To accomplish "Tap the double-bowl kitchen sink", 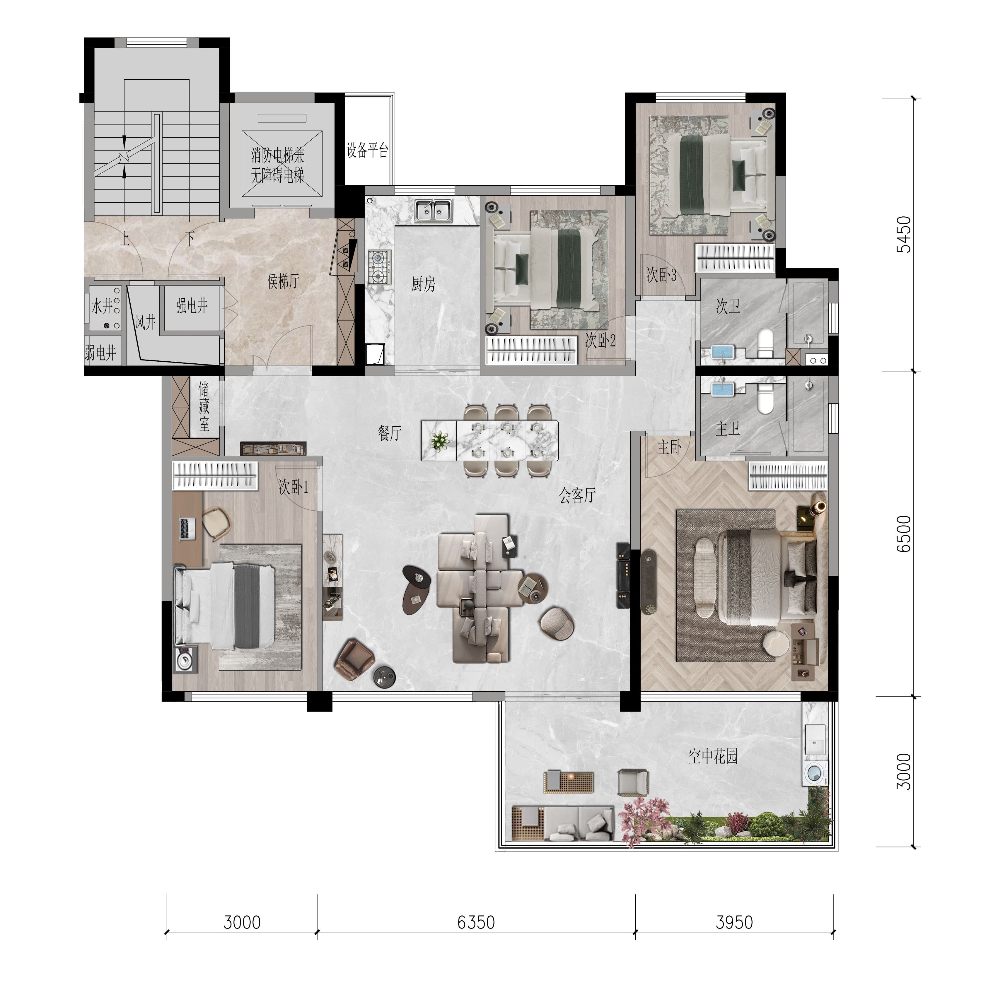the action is click(x=433, y=211).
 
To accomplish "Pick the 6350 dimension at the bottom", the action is click(x=476, y=922).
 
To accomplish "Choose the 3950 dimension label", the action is click(x=734, y=922).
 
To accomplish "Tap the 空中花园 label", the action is click(x=713, y=756).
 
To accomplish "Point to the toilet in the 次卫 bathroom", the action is click(x=766, y=343).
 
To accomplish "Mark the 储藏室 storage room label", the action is click(x=204, y=406).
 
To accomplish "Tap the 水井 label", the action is click(x=102, y=306).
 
